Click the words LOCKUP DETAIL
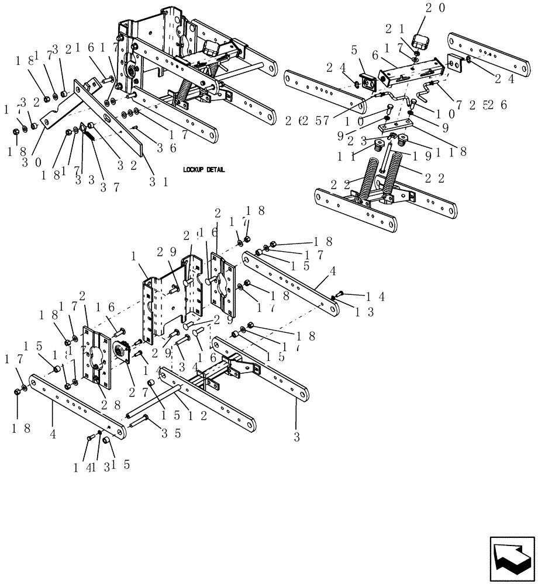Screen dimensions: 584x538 click(204, 169)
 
